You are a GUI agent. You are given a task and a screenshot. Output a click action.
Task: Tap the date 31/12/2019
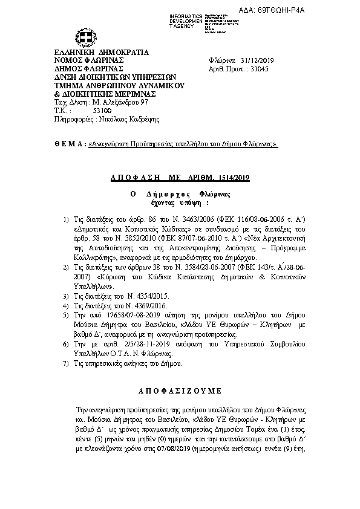[x=258, y=60]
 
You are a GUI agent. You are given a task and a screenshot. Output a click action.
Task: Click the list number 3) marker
[x=67, y=296]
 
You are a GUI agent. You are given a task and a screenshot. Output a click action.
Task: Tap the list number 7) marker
[x=67, y=364]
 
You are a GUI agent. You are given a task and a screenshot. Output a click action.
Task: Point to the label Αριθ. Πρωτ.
[x=223, y=69]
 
